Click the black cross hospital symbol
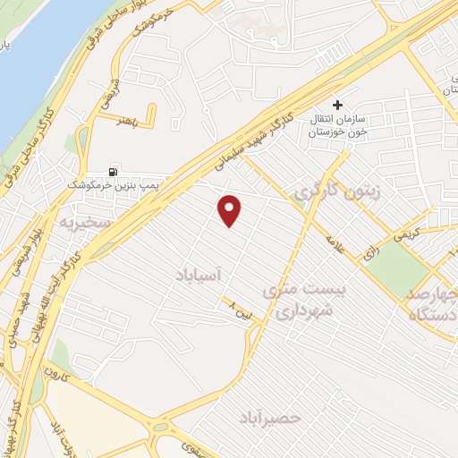coord(337,106)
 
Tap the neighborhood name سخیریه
coord(81,219)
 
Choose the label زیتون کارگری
coord(327,191)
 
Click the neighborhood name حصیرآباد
coord(271,417)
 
